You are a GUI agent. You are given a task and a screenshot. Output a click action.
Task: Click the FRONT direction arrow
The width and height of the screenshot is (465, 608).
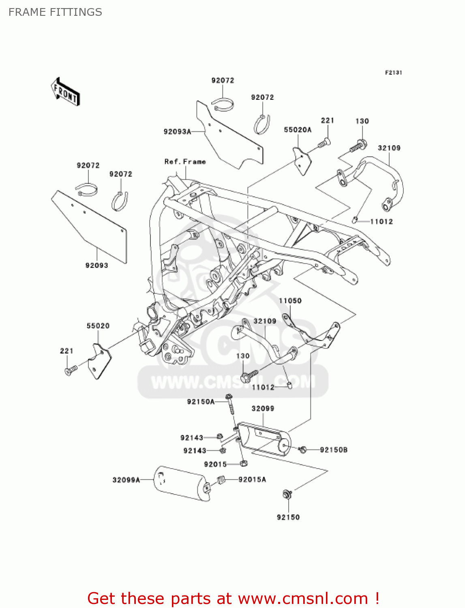65,92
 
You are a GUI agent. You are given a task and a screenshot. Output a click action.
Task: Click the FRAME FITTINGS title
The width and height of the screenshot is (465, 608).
55,12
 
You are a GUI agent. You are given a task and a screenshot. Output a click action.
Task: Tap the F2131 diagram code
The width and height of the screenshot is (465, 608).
393,73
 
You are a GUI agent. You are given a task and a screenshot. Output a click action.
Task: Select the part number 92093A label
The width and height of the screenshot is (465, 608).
177,132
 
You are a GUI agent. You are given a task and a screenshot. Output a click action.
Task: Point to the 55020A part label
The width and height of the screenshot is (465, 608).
298,130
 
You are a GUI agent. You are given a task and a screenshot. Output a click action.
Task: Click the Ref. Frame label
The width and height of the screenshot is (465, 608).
185,162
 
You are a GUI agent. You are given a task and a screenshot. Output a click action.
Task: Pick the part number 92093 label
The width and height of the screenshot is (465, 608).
96,265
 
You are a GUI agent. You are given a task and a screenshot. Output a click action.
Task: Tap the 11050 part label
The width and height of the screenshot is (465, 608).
290,301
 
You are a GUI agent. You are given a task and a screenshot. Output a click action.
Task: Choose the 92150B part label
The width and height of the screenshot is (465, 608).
334,450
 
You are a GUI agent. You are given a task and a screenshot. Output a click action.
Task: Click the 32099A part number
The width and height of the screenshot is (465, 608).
126,480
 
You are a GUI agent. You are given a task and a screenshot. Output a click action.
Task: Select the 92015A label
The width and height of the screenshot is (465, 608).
252,480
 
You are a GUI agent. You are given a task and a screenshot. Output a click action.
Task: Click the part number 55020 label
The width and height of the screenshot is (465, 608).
98,326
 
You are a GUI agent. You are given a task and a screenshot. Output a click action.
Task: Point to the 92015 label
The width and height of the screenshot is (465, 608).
215,465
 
